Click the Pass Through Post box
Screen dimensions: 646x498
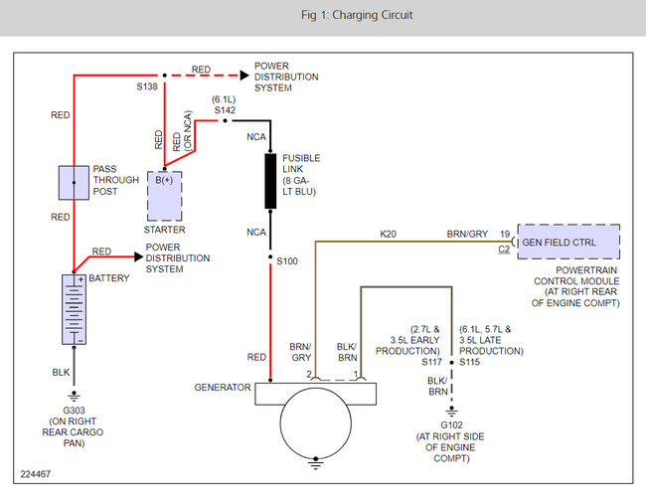point(74,183)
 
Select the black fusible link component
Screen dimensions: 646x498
point(270,181)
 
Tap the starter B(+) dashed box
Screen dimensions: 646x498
point(164,196)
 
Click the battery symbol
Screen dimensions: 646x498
point(75,309)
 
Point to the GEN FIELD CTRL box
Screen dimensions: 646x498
point(568,242)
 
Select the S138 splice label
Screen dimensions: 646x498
point(147,86)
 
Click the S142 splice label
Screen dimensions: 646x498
point(225,110)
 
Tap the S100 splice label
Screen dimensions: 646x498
point(287,261)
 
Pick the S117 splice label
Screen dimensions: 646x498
point(431,362)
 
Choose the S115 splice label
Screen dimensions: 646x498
point(470,362)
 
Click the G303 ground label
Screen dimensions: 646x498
point(74,411)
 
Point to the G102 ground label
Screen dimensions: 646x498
point(451,425)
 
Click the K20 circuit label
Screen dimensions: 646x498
point(388,234)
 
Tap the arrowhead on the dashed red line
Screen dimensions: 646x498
point(244,76)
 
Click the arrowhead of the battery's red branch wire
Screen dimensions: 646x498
point(139,257)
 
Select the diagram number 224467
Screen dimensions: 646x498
point(36,474)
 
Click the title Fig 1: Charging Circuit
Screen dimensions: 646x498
point(357,15)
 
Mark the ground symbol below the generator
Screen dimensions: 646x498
point(316,464)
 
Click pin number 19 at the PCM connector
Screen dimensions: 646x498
point(505,234)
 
